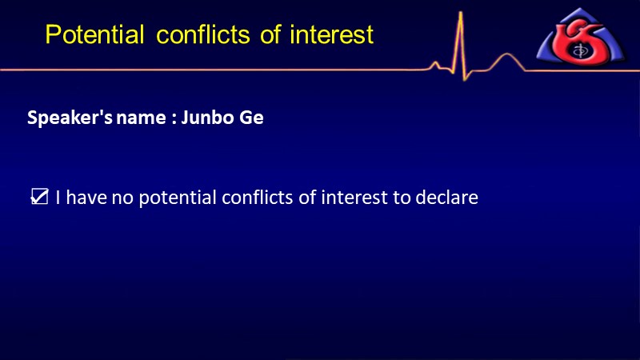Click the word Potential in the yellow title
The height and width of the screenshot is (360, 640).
tap(94, 34)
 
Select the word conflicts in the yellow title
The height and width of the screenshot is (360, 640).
tap(203, 34)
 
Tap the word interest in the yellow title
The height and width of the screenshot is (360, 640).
tap(331, 34)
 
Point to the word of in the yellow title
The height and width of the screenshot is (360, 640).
tap(270, 34)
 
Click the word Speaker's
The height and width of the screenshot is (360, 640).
tap(70, 118)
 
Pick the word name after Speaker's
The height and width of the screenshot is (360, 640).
tap(142, 118)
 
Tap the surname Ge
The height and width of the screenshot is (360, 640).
tap(251, 118)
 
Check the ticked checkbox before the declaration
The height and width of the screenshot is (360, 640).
tap(39, 197)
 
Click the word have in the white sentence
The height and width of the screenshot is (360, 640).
tap(86, 198)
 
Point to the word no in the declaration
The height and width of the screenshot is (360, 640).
tap(122, 198)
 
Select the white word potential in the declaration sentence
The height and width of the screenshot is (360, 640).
tap(178, 198)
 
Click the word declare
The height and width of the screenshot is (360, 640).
tap(446, 198)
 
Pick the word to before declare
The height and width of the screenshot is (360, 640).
tap(402, 198)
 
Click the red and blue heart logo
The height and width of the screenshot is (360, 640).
tap(581, 36)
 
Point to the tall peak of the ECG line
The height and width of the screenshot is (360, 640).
tap(461, 12)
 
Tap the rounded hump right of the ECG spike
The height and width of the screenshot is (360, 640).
tap(506, 54)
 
